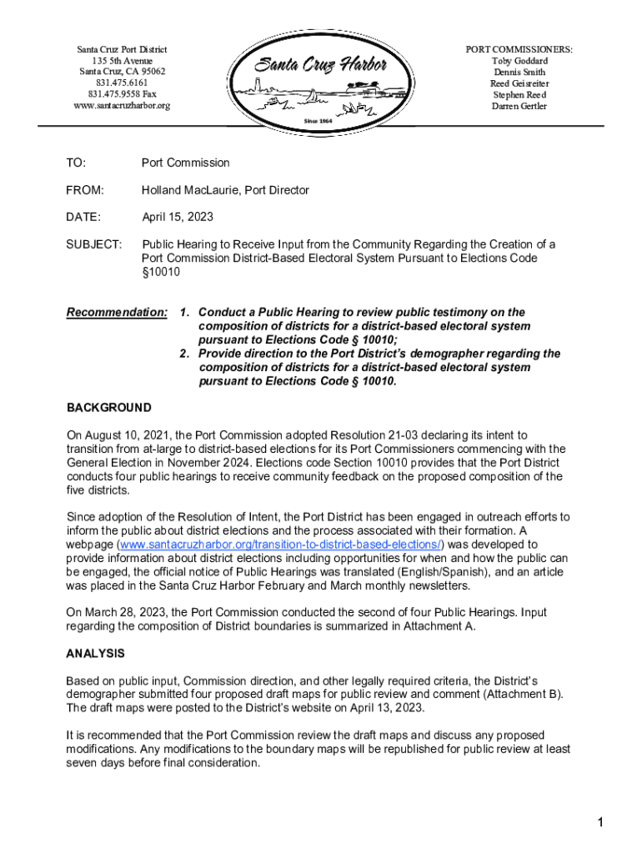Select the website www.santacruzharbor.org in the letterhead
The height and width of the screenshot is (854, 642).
122,106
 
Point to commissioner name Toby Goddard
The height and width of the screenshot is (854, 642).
519,61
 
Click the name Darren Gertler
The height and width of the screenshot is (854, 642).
519,106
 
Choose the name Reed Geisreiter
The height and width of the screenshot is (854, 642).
519,83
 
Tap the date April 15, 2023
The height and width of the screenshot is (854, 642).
178,217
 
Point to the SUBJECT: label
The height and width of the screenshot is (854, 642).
94,244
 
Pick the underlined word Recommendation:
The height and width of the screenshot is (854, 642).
117,313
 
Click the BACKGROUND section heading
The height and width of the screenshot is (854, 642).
109,408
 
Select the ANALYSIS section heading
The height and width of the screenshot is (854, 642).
96,653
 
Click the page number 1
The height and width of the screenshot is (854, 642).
599,824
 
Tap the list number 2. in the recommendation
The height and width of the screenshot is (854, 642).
185,354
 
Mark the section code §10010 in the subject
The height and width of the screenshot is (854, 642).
161,272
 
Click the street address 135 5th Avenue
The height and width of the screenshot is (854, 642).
122,61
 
